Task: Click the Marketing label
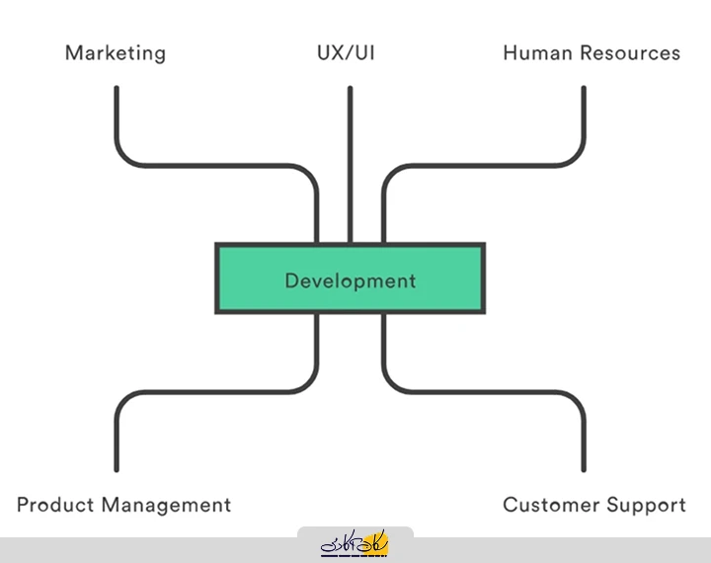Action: pyautogui.click(x=115, y=52)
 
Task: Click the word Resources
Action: pyautogui.click(x=633, y=52)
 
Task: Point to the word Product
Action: pyautogui.click(x=56, y=505)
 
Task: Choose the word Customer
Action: pyautogui.click(x=550, y=505)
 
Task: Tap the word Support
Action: pyautogui.click(x=644, y=505)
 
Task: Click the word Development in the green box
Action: pyautogui.click(x=350, y=281)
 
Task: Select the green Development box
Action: pyautogui.click(x=247, y=280)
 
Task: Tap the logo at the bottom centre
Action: pyautogui.click(x=355, y=544)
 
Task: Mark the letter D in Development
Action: pyautogui.click(x=291, y=281)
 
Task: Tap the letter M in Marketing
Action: pyautogui.click(x=73, y=52)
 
